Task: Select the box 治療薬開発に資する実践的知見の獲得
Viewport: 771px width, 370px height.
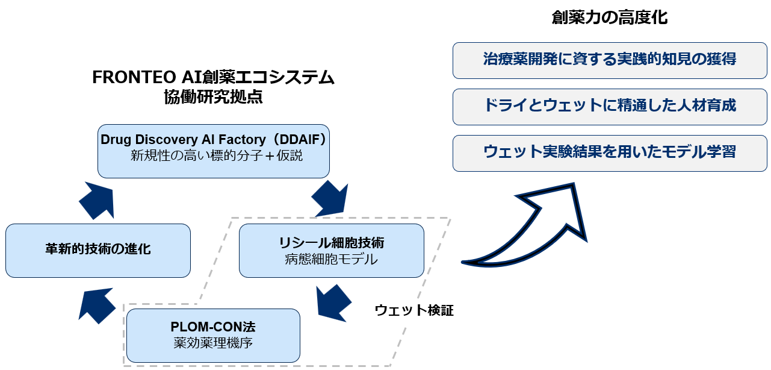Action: coord(610,60)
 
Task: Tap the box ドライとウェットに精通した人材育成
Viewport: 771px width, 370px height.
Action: coord(610,106)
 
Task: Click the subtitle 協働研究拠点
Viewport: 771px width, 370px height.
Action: coord(213,98)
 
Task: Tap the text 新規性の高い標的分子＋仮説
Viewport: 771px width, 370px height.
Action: coord(216,156)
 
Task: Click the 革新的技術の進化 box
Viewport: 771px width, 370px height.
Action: coord(98,250)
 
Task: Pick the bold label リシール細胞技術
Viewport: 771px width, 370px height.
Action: coord(332,243)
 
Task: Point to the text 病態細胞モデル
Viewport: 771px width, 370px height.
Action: coord(332,260)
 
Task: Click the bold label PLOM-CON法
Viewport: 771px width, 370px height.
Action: coord(213,328)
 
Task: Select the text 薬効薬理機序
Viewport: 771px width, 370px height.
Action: coord(213,344)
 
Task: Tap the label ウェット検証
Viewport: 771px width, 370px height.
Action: coord(413,311)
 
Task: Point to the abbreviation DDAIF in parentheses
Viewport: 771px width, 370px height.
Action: coord(297,140)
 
